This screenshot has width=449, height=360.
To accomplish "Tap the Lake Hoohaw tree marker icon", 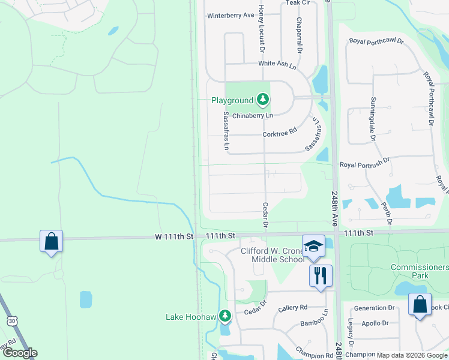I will coord(225,316).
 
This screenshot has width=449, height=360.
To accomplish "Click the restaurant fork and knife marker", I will coord(321,276).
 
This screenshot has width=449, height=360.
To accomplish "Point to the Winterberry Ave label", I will coord(231,16).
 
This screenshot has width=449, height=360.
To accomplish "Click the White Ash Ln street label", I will coord(277,64).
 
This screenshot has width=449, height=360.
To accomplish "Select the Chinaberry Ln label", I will coord(253,115).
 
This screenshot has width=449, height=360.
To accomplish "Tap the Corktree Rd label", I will coord(280,133).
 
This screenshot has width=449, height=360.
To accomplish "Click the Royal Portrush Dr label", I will coord(365,163).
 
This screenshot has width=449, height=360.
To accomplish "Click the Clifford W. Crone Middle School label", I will coord(273,255).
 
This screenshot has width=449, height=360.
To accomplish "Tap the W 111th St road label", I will coord(173,236).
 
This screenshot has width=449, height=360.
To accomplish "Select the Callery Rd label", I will coord(293,308).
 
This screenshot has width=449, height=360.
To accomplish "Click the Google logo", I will coord(19,353).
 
